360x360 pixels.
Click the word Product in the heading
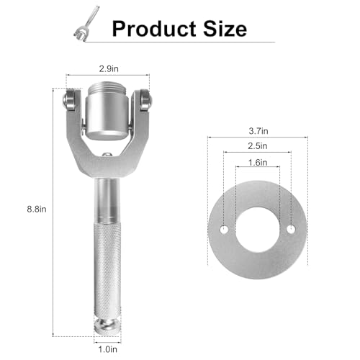154,29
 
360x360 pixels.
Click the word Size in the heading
225,29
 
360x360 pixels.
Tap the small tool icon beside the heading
86,24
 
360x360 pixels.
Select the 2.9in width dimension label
109,69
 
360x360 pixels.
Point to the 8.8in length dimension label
37,210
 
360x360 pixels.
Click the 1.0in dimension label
108,349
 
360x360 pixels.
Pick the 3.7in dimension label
258,131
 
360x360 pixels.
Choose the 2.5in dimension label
258,146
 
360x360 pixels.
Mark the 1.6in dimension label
258,163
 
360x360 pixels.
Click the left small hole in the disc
224,230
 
